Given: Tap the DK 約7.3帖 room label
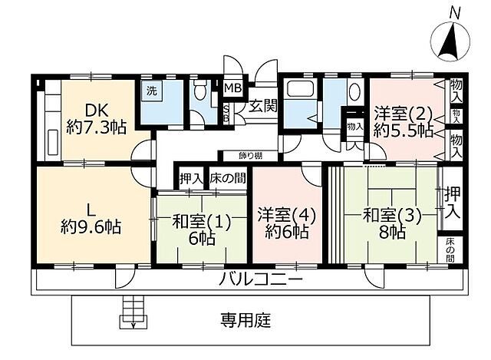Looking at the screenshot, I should click(96, 118).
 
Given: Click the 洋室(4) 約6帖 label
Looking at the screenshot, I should click(282, 222).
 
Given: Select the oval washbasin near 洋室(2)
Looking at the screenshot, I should click(354, 93).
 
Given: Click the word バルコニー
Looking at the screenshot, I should click(262, 278).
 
